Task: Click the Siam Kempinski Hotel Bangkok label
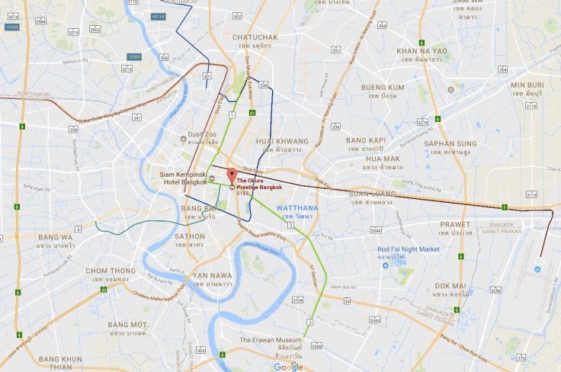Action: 186,178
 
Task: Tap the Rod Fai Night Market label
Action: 410,249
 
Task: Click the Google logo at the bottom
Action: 288,367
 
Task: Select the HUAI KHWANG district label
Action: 282,141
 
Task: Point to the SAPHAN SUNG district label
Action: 450,143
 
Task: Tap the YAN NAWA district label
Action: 213,275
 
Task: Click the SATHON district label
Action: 190,236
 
